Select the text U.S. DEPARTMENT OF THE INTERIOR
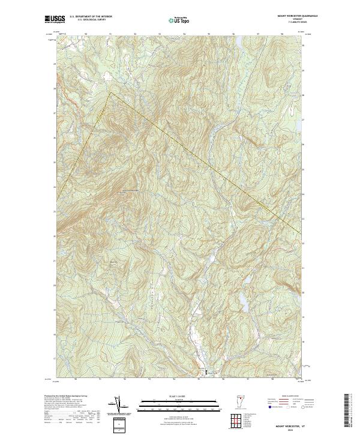tap(91, 17)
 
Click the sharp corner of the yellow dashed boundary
tap(109, 93)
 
